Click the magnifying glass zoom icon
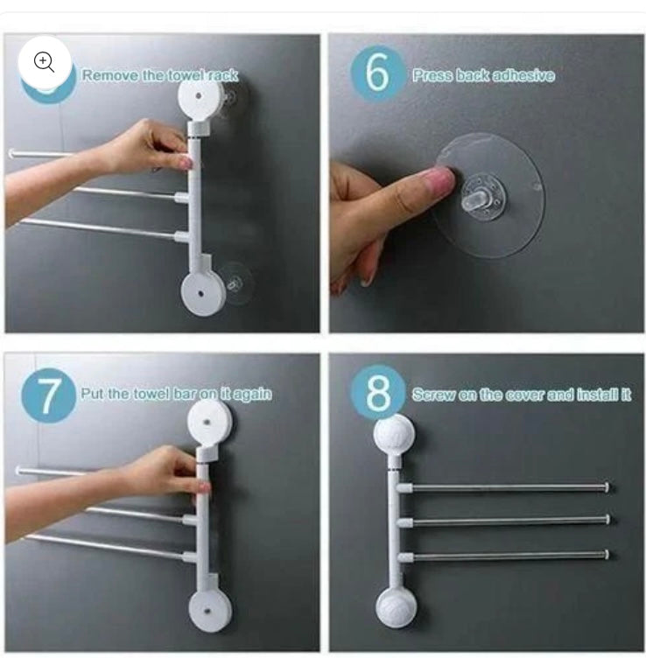click(x=45, y=61)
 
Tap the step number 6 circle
click(x=377, y=74)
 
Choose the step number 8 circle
click(x=378, y=394)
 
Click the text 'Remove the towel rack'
click(x=159, y=75)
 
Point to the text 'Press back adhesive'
click(x=483, y=75)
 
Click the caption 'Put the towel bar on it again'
click(x=175, y=394)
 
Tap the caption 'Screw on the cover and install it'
click(x=522, y=395)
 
